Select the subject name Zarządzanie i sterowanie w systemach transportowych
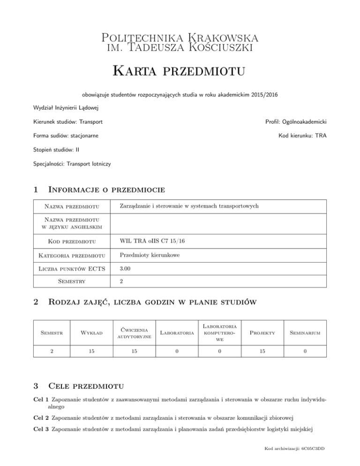coord(189,206)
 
